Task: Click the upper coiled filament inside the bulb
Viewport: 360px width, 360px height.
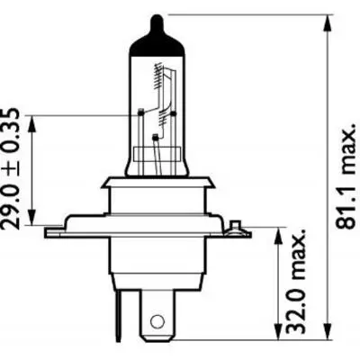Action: (x=163, y=85)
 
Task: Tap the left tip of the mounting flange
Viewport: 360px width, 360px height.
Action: (x=48, y=231)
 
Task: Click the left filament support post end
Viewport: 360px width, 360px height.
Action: (x=141, y=112)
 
